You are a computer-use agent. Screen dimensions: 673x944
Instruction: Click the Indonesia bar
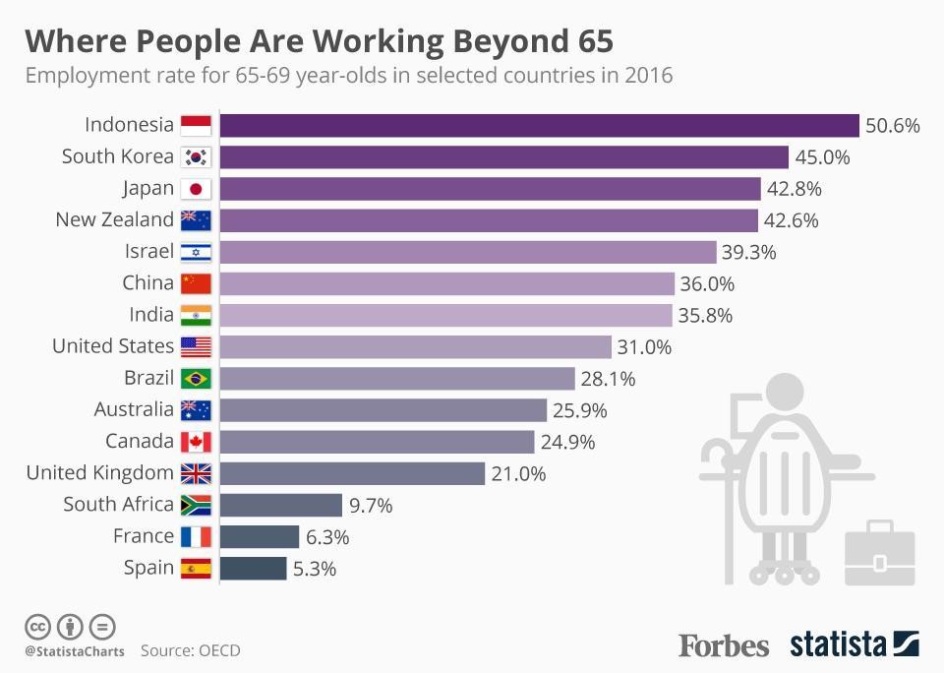539,125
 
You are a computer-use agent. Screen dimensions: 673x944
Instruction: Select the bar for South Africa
280,505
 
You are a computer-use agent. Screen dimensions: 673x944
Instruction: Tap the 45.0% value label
822,157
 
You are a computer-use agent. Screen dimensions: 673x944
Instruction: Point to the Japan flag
196,189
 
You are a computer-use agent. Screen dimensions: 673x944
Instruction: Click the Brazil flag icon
196,378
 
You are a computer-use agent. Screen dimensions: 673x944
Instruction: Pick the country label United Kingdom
100,473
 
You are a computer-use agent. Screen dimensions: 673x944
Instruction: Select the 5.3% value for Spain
316,569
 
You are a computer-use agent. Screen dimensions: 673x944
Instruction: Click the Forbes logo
724,645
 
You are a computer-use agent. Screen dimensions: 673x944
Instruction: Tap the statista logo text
838,644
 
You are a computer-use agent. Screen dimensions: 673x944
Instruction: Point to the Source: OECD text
190,650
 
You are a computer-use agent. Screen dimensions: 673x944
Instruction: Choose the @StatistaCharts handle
75,651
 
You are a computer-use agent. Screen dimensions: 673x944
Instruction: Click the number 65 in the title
590,41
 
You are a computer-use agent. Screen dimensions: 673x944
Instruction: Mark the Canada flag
196,442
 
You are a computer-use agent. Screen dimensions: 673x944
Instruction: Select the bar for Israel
467,252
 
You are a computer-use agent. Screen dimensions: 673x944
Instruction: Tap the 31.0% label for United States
645,347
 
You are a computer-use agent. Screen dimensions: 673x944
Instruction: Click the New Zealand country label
114,219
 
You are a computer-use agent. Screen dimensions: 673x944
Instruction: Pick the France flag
196,536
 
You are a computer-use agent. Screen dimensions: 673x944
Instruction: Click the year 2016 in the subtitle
648,76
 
